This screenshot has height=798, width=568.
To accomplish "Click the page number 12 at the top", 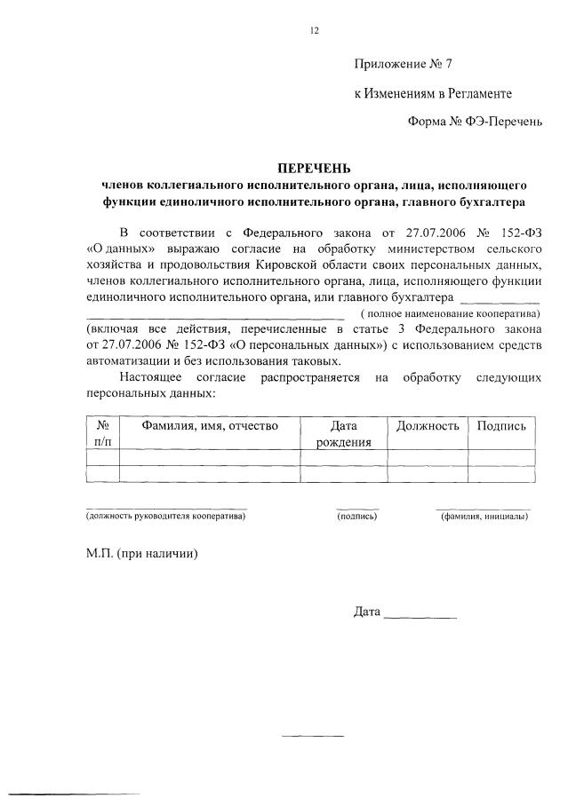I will [314, 30].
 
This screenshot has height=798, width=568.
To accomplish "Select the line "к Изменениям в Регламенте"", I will [432, 92].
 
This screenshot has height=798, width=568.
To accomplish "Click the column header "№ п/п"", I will [102, 433].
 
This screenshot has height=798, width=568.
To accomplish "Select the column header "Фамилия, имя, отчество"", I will [211, 426].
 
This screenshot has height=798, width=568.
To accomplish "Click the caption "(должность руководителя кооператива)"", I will [165, 516].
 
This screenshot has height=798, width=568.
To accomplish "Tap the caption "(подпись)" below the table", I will [357, 516].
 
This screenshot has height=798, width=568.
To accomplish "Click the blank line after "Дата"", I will [421, 615].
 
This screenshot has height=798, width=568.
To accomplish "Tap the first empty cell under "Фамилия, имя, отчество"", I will [211, 457].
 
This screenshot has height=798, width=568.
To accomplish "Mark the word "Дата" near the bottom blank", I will [367, 612].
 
